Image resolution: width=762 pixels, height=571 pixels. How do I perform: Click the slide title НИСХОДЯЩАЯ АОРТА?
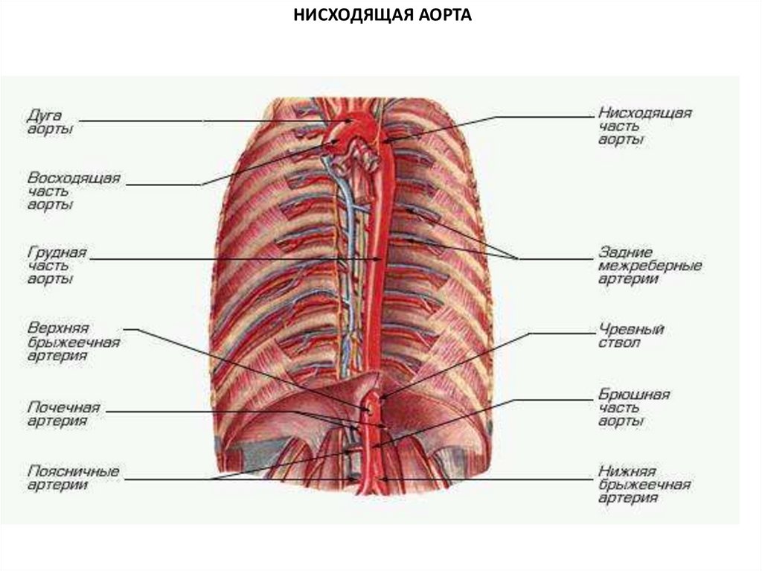(381, 15)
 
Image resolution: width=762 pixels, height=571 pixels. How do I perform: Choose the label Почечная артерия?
(63, 414)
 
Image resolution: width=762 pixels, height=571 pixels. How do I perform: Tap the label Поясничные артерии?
(73, 478)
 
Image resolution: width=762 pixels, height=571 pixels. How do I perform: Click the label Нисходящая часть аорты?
(644, 127)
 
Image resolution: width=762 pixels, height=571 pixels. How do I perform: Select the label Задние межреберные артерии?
(650, 266)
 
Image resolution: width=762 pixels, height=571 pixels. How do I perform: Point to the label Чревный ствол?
(631, 336)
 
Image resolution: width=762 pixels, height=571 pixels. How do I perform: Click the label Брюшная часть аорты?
(635, 406)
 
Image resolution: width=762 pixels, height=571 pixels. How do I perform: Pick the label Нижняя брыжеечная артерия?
(644, 485)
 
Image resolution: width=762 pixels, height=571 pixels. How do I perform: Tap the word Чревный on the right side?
(631, 329)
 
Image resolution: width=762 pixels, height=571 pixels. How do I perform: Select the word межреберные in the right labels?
(650, 266)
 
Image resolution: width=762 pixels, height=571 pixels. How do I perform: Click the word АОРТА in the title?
(438, 15)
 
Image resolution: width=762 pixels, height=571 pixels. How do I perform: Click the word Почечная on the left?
(63, 407)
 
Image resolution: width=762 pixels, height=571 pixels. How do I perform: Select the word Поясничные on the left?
(73, 471)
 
